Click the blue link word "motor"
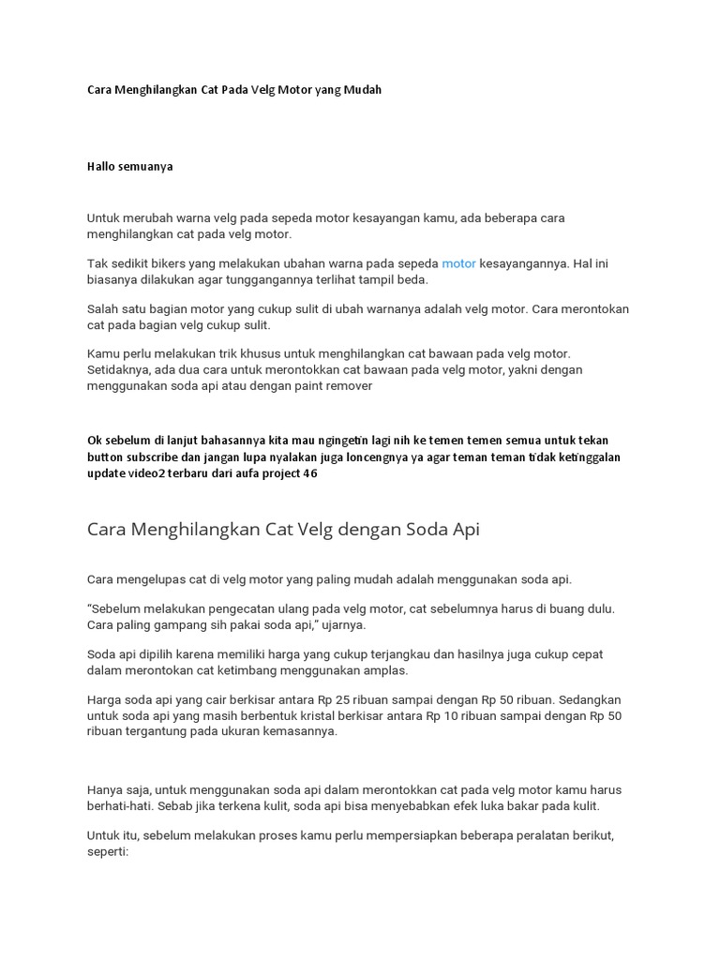(x=459, y=264)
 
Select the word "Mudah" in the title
(x=362, y=90)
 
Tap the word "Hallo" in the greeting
(x=103, y=167)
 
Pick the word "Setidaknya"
(x=119, y=369)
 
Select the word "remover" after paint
(x=349, y=384)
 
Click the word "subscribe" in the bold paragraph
(x=151, y=457)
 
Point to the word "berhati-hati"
(x=121, y=805)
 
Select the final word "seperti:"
(x=108, y=851)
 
